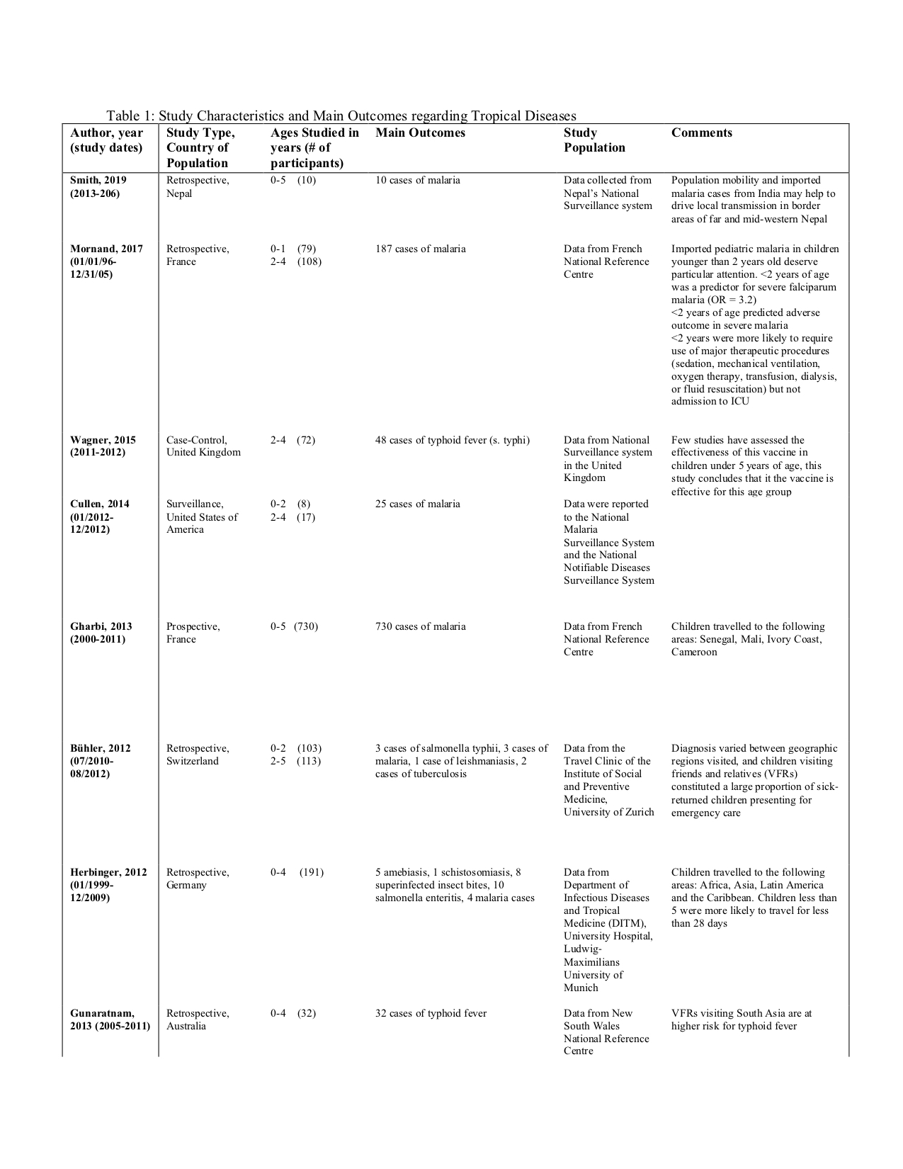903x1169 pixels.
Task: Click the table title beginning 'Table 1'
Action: point(341,116)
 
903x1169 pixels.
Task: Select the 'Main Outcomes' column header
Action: point(420,133)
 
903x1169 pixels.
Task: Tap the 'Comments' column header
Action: point(701,133)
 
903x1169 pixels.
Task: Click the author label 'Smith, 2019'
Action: point(98,181)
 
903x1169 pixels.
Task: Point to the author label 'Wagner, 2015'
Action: point(103,440)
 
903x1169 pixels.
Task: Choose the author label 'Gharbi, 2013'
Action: point(101,626)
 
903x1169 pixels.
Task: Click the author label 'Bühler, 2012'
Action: point(101,748)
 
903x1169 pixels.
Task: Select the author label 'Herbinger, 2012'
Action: point(108,872)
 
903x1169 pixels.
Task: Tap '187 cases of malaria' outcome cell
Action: point(420,249)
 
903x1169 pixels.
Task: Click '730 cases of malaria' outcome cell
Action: point(420,626)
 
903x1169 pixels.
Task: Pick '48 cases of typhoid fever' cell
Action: point(452,440)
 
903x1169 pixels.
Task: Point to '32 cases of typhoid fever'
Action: point(431,1013)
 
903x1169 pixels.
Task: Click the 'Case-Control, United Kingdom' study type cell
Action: point(203,446)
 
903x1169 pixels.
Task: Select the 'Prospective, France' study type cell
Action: point(193,633)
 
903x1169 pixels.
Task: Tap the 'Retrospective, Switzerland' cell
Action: point(197,755)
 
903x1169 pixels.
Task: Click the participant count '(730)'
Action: point(306,626)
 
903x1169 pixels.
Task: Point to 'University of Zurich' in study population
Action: point(608,812)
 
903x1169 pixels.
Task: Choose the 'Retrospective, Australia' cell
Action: point(197,1020)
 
